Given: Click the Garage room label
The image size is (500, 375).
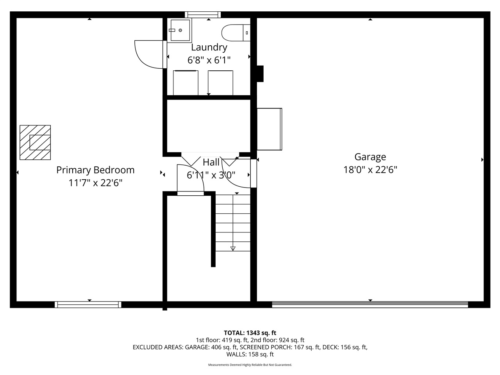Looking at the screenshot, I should [x=370, y=157].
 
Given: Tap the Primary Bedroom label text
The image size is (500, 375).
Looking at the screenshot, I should [x=95, y=170].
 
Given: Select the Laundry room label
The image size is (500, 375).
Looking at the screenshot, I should [x=209, y=47].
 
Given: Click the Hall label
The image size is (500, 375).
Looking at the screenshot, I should [x=211, y=162].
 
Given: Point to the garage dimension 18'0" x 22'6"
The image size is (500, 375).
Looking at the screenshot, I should [x=370, y=170].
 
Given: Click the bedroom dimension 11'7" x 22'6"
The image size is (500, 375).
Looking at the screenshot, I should [x=95, y=183].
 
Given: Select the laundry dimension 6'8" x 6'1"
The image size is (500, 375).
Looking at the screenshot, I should [x=209, y=60].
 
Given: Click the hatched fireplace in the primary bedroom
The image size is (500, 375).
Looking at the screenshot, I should [x=35, y=142].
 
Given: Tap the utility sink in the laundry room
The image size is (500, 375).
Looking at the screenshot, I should [x=180, y=30].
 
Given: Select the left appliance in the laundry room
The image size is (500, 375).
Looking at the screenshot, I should [x=186, y=82].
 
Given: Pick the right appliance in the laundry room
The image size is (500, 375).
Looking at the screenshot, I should [x=220, y=82].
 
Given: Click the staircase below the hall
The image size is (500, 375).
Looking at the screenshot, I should [x=233, y=223].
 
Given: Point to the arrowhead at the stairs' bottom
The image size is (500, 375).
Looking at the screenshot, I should [x=233, y=248].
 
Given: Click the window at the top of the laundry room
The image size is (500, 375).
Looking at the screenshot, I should [x=203, y=14].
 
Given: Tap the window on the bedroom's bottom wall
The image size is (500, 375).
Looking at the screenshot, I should [x=88, y=305].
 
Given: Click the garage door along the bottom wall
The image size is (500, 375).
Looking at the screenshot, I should [x=370, y=305].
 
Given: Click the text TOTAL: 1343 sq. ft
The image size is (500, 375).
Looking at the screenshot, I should [x=250, y=333].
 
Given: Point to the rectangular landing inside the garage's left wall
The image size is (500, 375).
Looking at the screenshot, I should [x=269, y=129].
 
